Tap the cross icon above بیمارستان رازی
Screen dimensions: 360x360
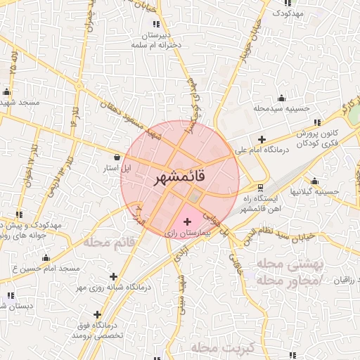[x=186, y=222]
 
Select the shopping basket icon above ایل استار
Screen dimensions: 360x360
[x=117, y=157]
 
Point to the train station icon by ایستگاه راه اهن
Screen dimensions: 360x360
[x=261, y=188]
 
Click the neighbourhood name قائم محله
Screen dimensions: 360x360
[x=109, y=243]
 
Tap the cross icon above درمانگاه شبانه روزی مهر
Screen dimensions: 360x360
[x=113, y=276]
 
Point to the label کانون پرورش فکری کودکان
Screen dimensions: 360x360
[x=322, y=138]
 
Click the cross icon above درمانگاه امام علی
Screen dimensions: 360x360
[x=262, y=139]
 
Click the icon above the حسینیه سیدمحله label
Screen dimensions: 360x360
[x=282, y=98]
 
